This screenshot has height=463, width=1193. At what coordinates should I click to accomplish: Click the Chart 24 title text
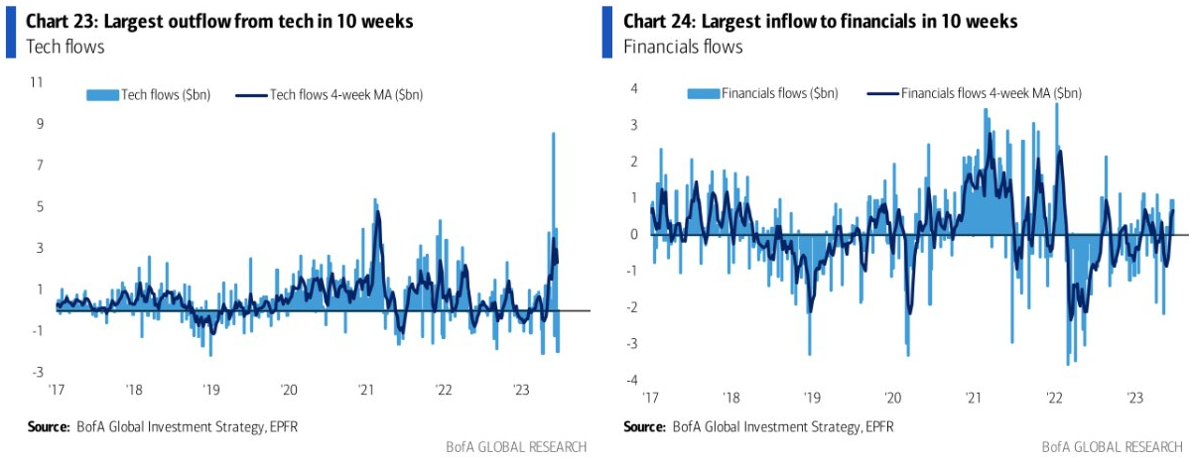tap(820, 22)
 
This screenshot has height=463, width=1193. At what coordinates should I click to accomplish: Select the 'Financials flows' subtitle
tap(683, 47)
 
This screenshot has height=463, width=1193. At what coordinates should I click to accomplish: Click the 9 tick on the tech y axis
tap(39, 124)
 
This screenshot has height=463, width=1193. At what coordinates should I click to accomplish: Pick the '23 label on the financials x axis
tap(1135, 398)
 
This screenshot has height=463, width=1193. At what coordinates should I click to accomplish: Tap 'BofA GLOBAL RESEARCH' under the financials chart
tap(1111, 446)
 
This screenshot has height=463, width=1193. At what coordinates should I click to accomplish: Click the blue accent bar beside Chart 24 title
tap(607, 32)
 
